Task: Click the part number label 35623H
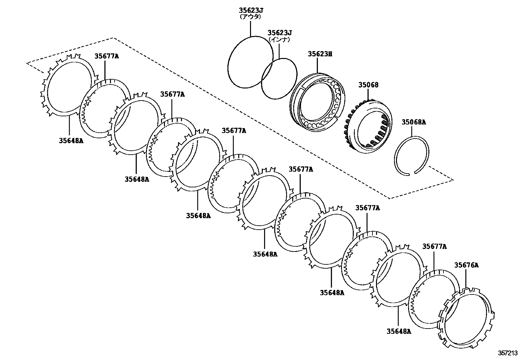(x=320, y=54)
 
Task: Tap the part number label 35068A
(x=414, y=123)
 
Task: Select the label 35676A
(x=466, y=265)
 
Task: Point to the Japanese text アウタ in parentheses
(x=250, y=16)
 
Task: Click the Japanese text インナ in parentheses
(x=279, y=39)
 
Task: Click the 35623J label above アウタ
(x=251, y=10)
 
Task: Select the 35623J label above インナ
(x=279, y=33)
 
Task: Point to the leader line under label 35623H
(x=317, y=66)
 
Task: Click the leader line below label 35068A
(x=412, y=131)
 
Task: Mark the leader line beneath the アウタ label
(x=250, y=28)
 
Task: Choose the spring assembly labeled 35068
(x=368, y=126)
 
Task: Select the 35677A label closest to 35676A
(x=434, y=247)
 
